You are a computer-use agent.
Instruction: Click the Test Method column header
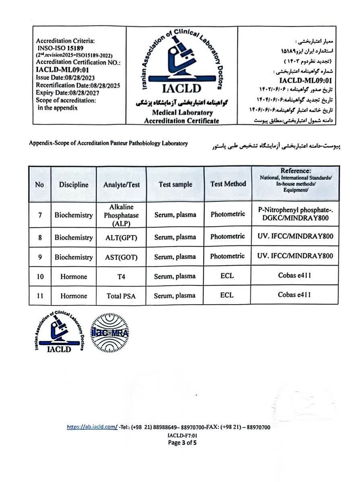(228, 184)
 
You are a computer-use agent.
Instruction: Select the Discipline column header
(74, 185)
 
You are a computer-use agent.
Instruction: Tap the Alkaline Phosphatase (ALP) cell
(121, 215)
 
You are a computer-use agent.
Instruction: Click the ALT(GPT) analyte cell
(121, 238)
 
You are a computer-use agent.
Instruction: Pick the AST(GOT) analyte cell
(121, 257)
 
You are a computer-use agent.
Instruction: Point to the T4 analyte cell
(121, 276)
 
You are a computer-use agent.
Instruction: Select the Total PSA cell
(121, 296)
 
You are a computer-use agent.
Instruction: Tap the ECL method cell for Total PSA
(227, 295)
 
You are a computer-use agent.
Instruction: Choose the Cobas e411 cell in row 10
(294, 276)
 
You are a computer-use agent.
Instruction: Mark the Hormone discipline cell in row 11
(74, 296)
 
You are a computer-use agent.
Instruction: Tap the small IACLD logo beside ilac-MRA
(59, 332)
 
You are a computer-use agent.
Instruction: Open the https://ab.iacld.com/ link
(92, 428)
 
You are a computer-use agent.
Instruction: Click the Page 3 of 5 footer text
(182, 443)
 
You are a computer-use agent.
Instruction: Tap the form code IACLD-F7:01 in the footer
(182, 436)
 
